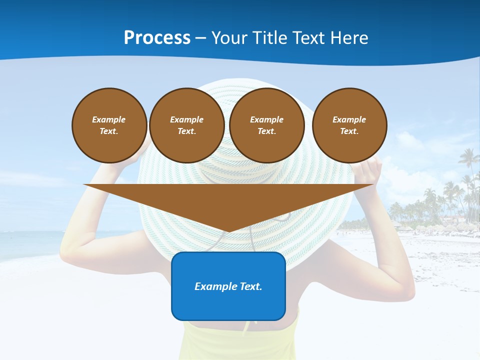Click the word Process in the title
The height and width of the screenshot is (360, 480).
[157, 38]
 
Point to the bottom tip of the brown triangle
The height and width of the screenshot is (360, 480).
[228, 231]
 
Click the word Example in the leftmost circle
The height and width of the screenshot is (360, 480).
[109, 119]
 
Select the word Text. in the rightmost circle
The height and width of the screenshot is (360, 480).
[349, 131]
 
